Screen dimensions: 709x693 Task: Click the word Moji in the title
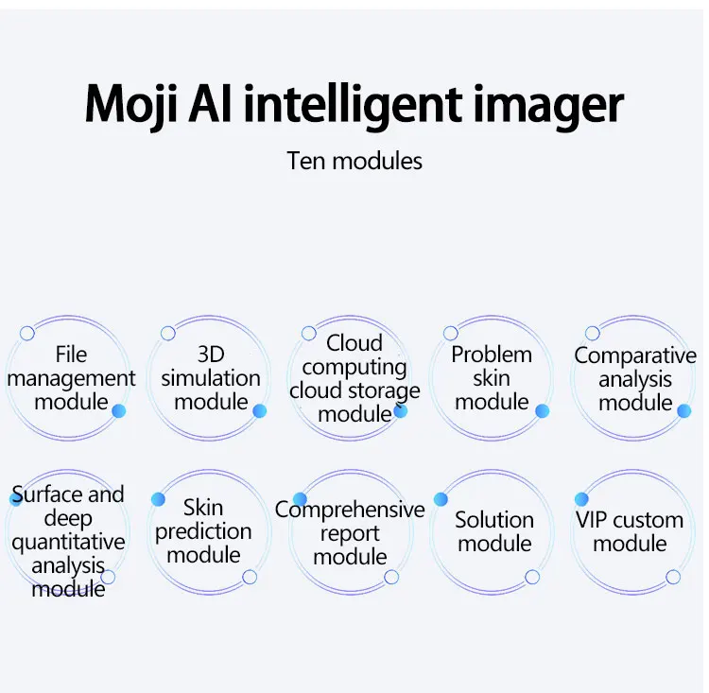coord(130,104)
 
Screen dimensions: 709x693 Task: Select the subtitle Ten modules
coord(354,161)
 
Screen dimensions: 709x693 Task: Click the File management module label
coord(71,378)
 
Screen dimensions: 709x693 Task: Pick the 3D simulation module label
coord(210,378)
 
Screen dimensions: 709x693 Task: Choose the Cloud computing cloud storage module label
coord(354,378)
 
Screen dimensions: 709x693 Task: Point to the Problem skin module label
coord(492,378)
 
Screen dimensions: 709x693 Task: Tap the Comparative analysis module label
coord(635,379)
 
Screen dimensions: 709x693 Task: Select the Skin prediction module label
coord(203,531)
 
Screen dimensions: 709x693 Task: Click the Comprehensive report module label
coord(350,533)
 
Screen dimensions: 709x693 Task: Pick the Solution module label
coord(493,531)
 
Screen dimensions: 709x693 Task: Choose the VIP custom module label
coord(630,531)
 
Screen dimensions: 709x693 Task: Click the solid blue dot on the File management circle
coord(119,411)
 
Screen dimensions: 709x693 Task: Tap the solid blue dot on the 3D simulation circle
coord(260,411)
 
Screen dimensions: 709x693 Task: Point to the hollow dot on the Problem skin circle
coord(451,334)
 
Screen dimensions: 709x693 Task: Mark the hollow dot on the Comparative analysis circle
coord(593,334)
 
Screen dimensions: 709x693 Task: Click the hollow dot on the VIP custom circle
coord(673,577)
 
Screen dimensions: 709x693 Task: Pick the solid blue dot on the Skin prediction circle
coord(159,499)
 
